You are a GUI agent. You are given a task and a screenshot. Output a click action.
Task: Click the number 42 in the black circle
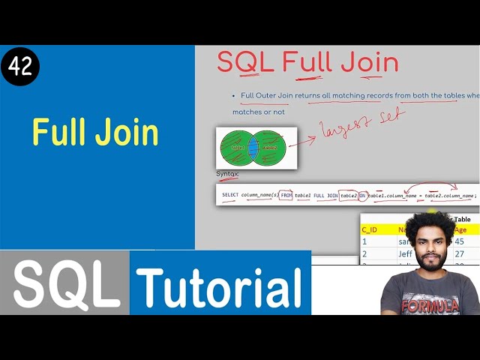tap(20, 67)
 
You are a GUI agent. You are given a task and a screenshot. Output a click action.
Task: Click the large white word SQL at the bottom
tap(66, 285)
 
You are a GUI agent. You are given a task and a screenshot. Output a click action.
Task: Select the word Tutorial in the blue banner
tap(220, 286)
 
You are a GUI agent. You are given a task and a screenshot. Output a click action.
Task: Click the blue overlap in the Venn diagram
tap(253, 148)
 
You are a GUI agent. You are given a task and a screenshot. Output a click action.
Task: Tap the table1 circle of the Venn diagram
tap(236, 148)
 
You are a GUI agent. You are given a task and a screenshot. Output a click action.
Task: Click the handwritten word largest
tap(345, 127)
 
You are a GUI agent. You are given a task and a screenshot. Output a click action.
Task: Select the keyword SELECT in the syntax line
tap(230, 195)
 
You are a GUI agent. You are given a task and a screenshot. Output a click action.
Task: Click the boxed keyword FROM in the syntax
tap(286, 195)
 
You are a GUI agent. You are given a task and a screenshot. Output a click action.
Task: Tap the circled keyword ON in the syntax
tap(362, 195)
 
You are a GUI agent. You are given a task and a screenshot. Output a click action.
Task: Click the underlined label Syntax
tap(227, 174)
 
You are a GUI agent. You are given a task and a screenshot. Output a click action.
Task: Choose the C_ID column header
tap(370, 229)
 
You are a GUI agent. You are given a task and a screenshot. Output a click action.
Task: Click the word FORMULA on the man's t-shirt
tap(430, 306)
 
